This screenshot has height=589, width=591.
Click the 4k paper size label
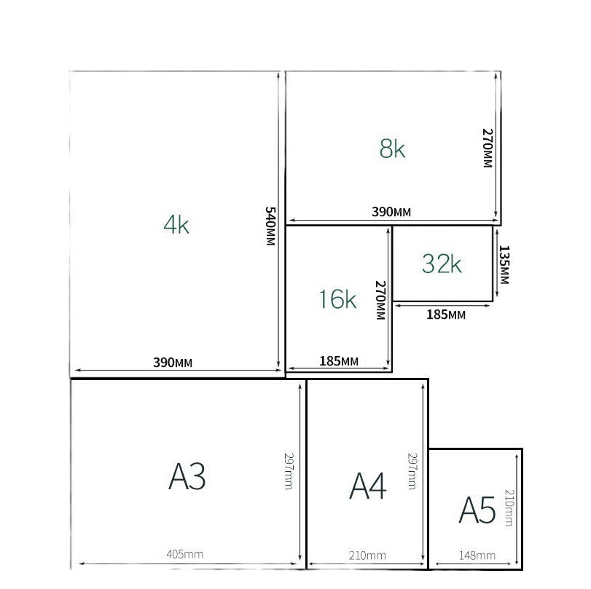pos(176,225)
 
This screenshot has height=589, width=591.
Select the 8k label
pos(392,149)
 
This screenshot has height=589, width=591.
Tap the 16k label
pos(337,299)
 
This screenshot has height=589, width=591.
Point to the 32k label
pos(442,264)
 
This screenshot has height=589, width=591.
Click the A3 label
pos(187,476)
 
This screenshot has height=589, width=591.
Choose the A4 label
pos(367,486)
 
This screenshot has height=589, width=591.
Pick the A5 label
pos(477,510)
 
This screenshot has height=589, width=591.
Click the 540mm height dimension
pos(270,226)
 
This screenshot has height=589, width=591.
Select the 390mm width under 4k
pos(173,363)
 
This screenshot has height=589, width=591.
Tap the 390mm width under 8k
pos(391,212)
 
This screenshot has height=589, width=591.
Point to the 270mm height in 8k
pos(488,148)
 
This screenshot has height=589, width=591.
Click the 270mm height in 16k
pos(380,300)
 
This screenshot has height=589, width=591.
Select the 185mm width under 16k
pos(339,361)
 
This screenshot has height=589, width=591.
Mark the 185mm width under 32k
pos(446,315)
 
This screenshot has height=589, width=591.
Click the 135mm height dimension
pos(504,265)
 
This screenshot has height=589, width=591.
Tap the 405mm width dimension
pos(184,554)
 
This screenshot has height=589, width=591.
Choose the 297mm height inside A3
pos(289,471)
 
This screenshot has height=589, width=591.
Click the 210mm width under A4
pos(367,556)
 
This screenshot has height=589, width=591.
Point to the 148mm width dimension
pos(477,556)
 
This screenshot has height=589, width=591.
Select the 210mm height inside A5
pos(509,507)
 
